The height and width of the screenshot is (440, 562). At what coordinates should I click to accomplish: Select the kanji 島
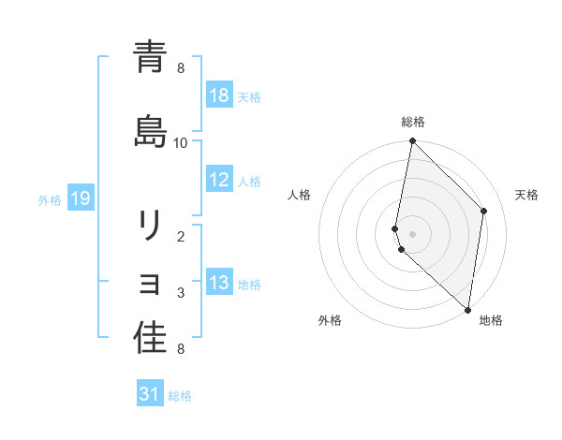pos(150,130)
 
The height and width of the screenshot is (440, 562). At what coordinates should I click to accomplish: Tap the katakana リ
pos(150,226)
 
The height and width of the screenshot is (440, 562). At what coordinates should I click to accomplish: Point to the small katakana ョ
pos(150,282)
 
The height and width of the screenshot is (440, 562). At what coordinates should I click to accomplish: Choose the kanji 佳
pos(150,338)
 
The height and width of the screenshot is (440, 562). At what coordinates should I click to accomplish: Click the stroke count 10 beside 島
pos(181,143)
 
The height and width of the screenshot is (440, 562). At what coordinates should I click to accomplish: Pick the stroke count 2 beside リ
pos(181,237)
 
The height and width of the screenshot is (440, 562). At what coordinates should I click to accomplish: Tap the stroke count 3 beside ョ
pos(181,293)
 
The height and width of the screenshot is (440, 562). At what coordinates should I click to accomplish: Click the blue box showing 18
pos(219,95)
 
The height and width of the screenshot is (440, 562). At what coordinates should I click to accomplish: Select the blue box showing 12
pos(219,180)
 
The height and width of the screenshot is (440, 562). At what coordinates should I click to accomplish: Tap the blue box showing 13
pos(219,283)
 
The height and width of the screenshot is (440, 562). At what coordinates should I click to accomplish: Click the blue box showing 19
pos(81,198)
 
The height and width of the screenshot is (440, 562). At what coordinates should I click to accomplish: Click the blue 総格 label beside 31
pos(180,395)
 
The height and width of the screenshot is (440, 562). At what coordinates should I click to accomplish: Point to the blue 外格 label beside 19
pos(50,198)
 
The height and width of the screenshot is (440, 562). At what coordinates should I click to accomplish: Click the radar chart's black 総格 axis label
pos(413,122)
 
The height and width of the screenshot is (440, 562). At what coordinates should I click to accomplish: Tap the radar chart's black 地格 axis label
pos(491,320)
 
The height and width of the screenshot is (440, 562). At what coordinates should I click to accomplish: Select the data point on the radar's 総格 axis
pos(412,141)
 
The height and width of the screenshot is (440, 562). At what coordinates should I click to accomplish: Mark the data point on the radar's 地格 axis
pos(468,310)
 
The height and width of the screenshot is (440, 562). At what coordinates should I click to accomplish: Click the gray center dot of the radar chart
pos(412,233)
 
